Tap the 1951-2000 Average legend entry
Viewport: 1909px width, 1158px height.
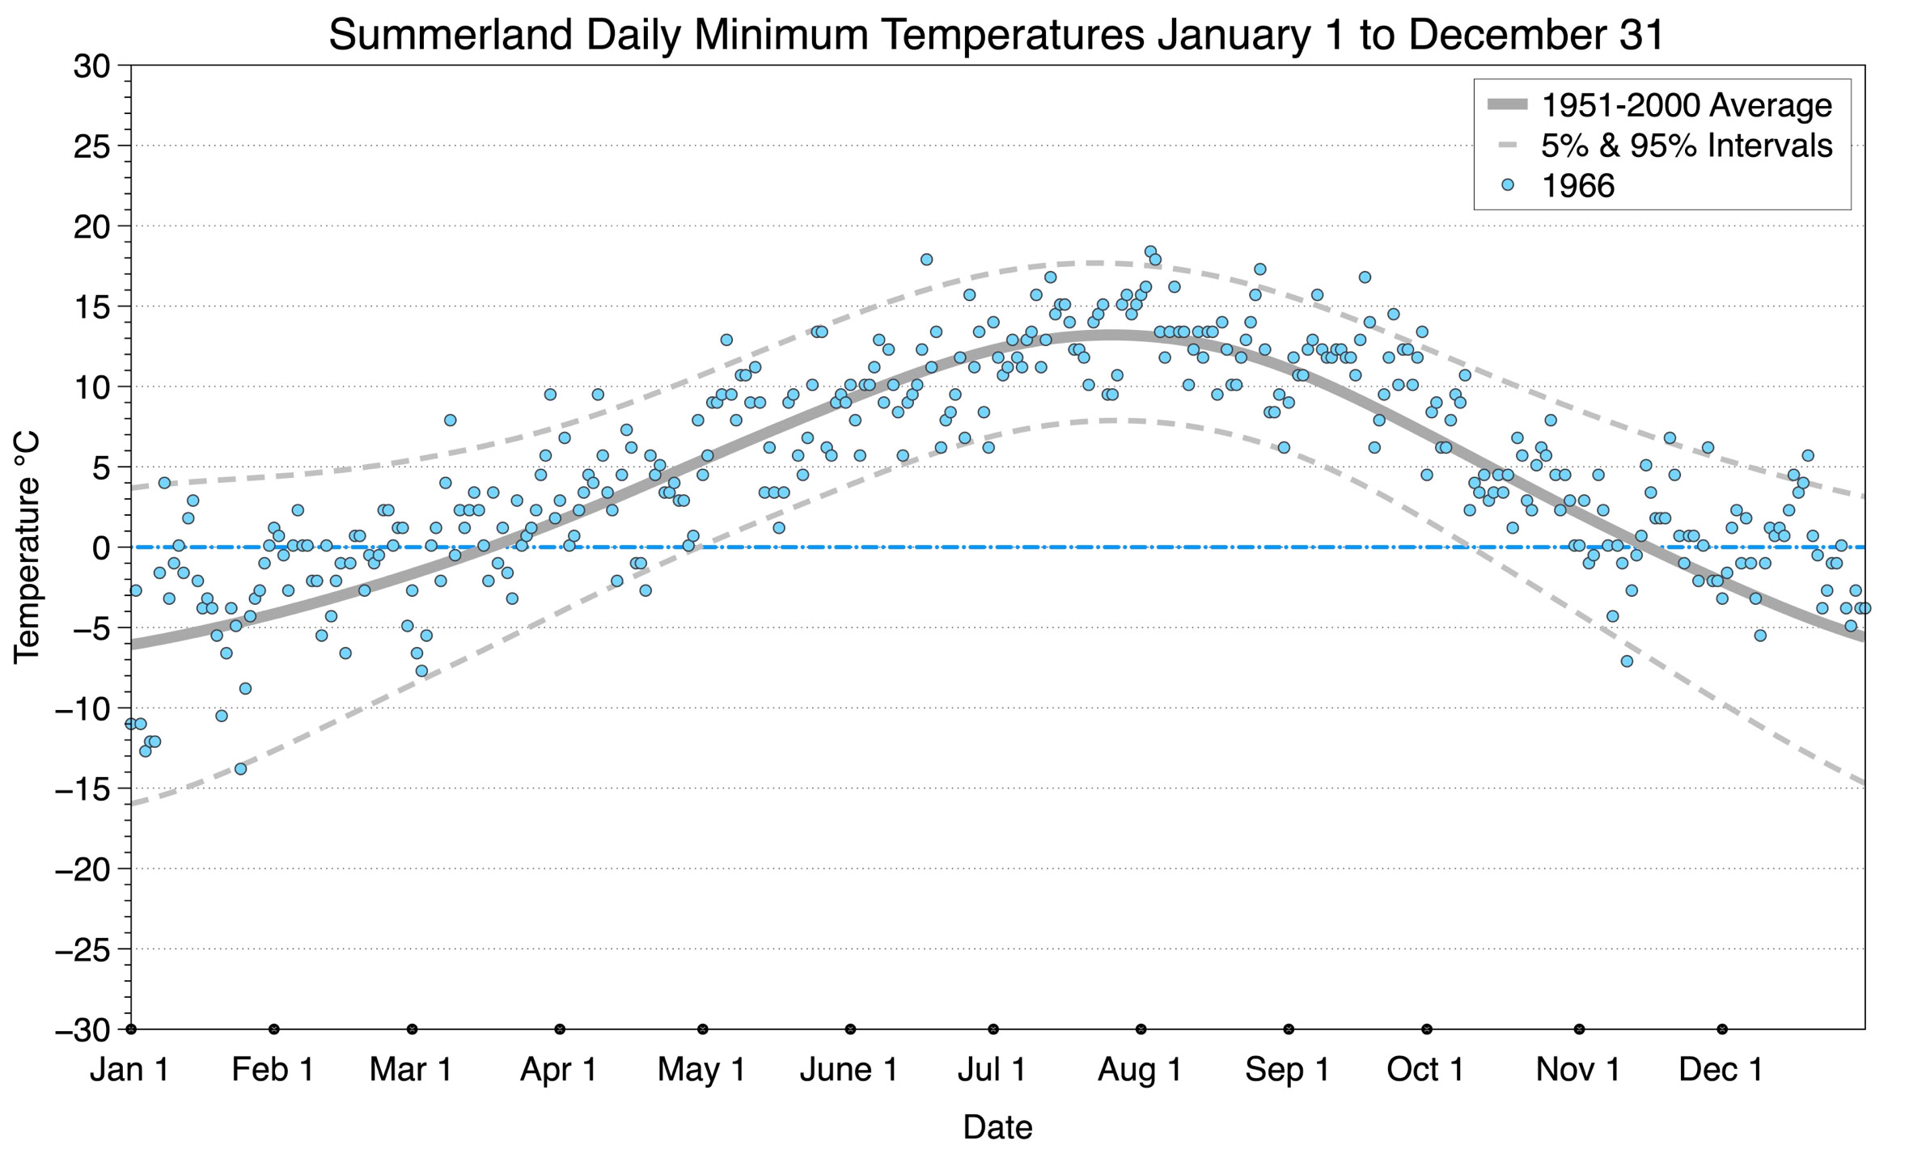pyautogui.click(x=1659, y=105)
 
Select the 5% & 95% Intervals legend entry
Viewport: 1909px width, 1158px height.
pyautogui.click(x=1659, y=146)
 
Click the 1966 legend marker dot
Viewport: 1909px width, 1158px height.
pyautogui.click(x=1507, y=185)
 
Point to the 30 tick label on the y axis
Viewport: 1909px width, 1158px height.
pyautogui.click(x=91, y=66)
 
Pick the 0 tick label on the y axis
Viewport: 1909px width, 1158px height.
pyautogui.click(x=101, y=547)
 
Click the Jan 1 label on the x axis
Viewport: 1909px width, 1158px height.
pyautogui.click(x=129, y=1070)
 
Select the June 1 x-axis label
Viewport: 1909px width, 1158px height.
pyautogui.click(x=849, y=1070)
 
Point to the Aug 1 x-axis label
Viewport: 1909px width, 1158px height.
pyautogui.click(x=1140, y=1070)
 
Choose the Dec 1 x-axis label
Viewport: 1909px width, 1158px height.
pyautogui.click(x=1721, y=1070)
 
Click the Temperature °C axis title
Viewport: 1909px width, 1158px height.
pyautogui.click(x=26, y=547)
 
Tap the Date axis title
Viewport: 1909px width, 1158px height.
pyautogui.click(x=997, y=1127)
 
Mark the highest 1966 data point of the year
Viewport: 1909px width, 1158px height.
pyautogui.click(x=1150, y=251)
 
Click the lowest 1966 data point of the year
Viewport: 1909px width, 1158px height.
pyautogui.click(x=240, y=769)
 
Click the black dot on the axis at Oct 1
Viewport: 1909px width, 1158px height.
pyautogui.click(x=1427, y=1029)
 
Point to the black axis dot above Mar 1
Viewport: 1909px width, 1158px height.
pyautogui.click(x=412, y=1029)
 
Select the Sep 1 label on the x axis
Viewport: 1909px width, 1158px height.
pyautogui.click(x=1288, y=1070)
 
